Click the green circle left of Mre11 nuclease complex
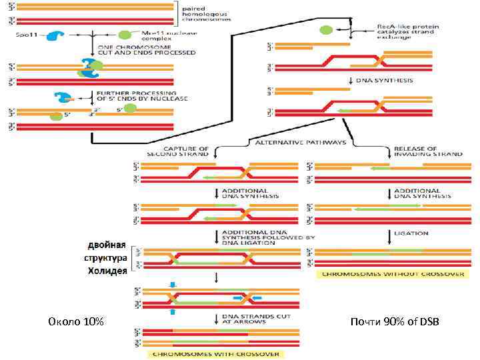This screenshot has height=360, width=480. click(x=124, y=35)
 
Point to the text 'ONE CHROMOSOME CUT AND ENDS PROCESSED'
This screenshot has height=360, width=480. click(x=137, y=50)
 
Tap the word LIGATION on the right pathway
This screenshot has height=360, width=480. click(x=416, y=234)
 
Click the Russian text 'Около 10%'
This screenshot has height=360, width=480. click(x=77, y=323)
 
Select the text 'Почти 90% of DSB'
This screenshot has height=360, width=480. click(x=395, y=323)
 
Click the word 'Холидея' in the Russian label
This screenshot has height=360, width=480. click(x=107, y=271)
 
